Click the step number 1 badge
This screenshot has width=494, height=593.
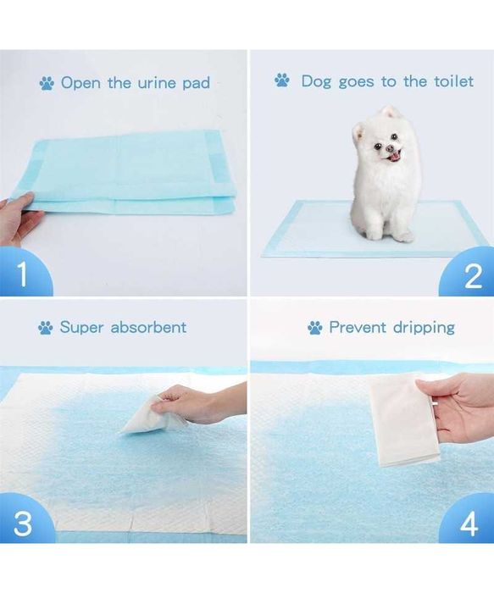(x=23, y=273)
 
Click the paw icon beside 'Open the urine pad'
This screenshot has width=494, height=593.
(x=47, y=83)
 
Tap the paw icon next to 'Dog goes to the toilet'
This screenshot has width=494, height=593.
(x=282, y=80)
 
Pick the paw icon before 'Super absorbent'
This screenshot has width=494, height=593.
(x=46, y=328)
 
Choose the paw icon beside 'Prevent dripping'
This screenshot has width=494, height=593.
(x=315, y=328)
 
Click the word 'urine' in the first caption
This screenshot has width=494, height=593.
(x=158, y=83)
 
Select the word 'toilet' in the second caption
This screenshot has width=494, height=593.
(x=453, y=81)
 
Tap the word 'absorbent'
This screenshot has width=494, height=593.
(x=148, y=327)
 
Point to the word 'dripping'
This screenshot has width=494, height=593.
(x=424, y=329)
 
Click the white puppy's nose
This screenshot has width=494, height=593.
(x=389, y=149)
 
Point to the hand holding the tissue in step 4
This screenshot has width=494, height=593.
(x=458, y=408)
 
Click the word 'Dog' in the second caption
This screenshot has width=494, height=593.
(x=316, y=81)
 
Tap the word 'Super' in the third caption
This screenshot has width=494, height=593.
(x=81, y=328)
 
